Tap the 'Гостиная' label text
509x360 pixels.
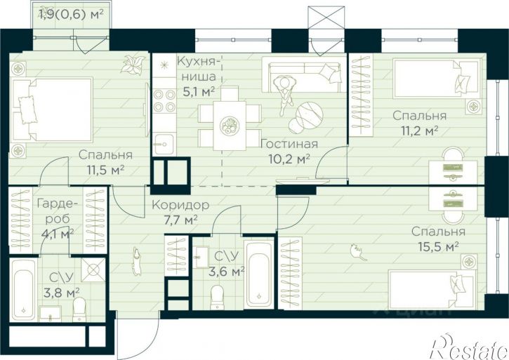(x=289, y=144)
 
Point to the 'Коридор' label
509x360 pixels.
(x=180, y=205)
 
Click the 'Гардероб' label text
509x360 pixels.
(x=58, y=211)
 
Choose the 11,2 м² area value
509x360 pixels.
(x=419, y=131)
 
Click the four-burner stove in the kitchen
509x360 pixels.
(x=164, y=100)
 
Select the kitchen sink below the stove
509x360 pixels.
(x=164, y=145)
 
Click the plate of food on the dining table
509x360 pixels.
(x=229, y=126)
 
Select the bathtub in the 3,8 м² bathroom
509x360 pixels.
(x=23, y=290)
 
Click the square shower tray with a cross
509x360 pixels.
(x=93, y=270)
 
